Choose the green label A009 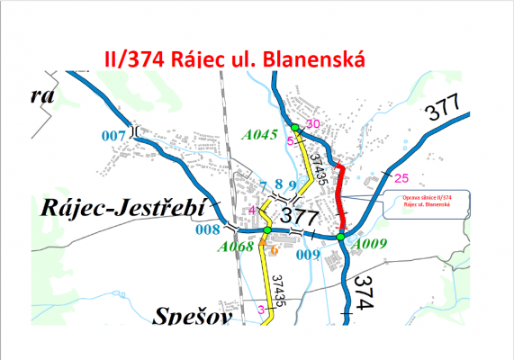pos(369,243)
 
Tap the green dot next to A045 pos(295,126)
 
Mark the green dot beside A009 pos(342,237)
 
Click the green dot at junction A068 pos(266,231)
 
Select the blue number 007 pos(112,135)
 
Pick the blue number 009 pos(308,255)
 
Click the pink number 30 pos(313,124)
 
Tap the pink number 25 pos(401,176)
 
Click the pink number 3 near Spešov pos(261,310)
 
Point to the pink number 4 pos(253,210)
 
